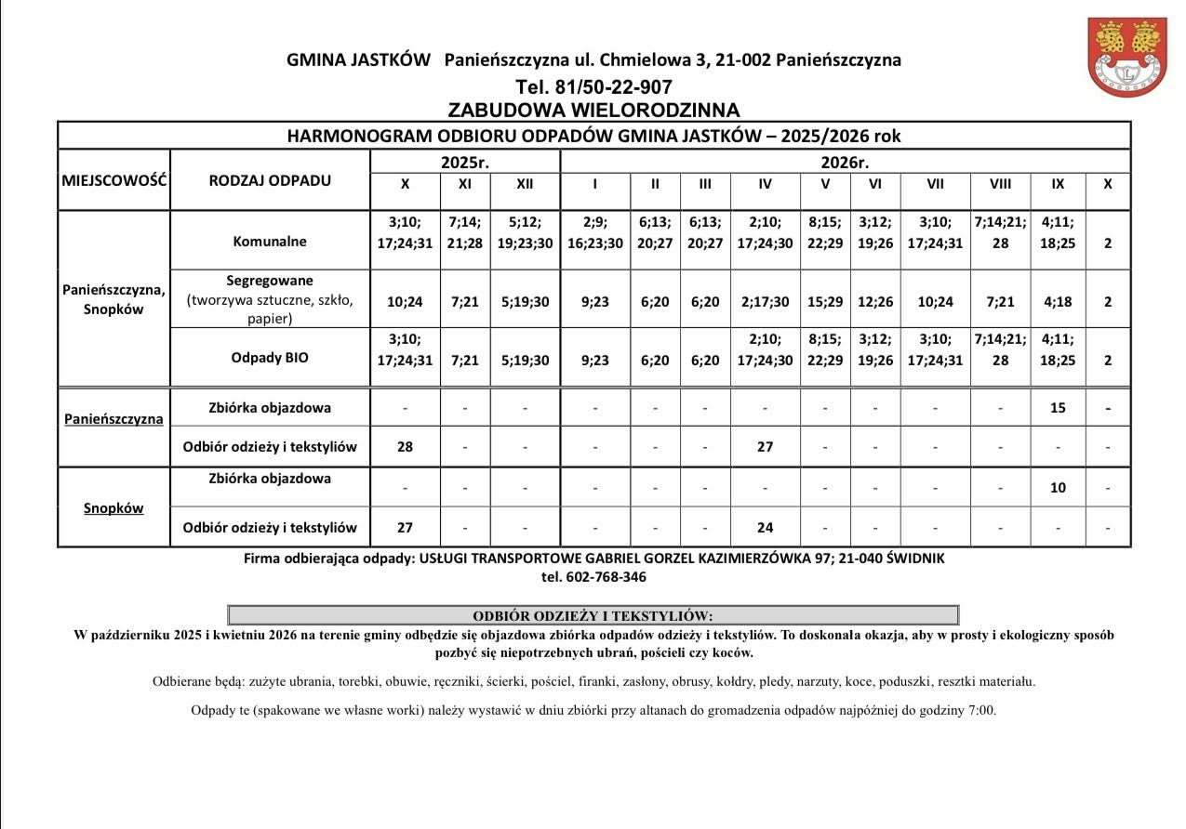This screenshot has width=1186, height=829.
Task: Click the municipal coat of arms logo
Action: coord(1127,56)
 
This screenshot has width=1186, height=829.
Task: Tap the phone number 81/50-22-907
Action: coord(593,87)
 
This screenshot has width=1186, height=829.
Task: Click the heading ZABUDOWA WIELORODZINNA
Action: coord(593,111)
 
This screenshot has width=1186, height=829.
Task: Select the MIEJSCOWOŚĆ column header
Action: coord(114,179)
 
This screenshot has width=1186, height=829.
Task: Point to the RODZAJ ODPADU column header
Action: coord(270,180)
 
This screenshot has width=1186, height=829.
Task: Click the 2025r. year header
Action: coord(465,162)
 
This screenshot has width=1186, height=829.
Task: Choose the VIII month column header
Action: coord(1000,184)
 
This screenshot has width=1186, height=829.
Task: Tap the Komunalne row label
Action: coord(270,242)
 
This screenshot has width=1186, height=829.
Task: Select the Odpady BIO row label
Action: coord(270,357)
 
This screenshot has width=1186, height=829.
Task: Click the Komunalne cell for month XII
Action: coord(525,232)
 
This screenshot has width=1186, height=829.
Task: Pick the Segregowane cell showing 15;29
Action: coord(825,302)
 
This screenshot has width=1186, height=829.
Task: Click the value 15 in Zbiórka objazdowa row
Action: coord(1058,408)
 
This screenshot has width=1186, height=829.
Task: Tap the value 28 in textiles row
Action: coord(405,447)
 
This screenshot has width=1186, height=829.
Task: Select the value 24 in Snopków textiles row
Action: coord(765,528)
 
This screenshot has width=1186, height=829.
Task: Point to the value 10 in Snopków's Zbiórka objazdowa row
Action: coord(1058,487)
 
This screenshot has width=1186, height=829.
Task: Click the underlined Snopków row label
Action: coord(113,508)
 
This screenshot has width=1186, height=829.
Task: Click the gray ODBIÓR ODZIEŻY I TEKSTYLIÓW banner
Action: coord(593,615)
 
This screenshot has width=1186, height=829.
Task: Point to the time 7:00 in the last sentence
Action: coord(980,711)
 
